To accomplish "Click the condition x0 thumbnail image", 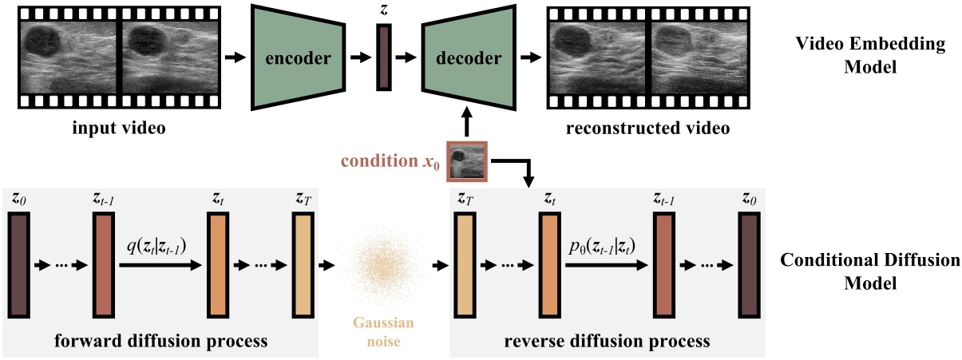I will click(x=467, y=161).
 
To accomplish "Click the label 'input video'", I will click(x=118, y=128).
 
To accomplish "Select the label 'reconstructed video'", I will click(x=649, y=128).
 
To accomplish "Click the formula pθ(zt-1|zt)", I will click(x=603, y=245).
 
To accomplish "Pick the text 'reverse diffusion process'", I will click(x=607, y=342).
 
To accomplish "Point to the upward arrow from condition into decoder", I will click(x=467, y=126).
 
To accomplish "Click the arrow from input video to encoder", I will click(x=234, y=57).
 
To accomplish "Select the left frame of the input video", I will click(x=70, y=57).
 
